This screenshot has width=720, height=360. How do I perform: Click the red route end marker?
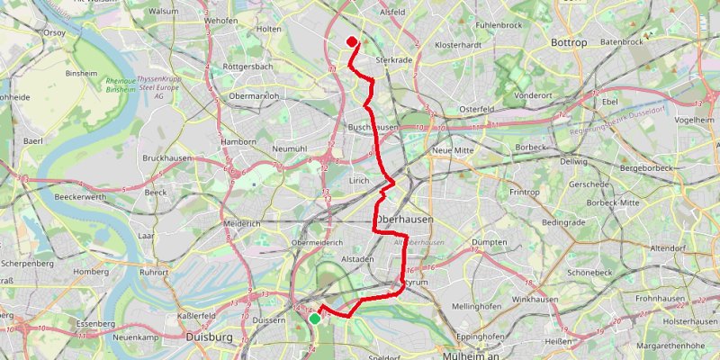351,40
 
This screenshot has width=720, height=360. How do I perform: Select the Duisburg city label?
208,337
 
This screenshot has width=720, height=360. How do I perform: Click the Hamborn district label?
238,141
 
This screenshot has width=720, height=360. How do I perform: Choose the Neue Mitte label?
453,149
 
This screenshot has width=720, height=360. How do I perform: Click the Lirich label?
360,180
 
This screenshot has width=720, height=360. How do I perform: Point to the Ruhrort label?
153,271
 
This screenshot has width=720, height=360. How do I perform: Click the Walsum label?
163,12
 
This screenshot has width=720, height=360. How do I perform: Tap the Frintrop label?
524,192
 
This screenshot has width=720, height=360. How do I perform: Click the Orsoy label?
54,32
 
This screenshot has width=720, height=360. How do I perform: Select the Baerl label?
34,141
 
